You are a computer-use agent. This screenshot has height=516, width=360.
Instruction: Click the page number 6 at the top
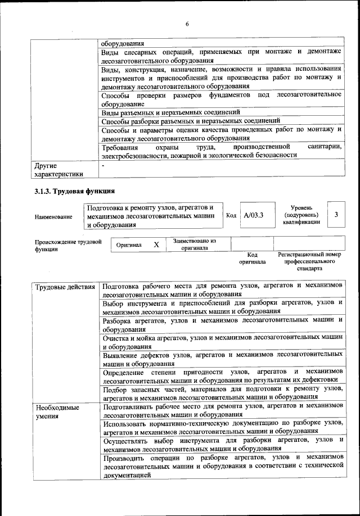[187, 23]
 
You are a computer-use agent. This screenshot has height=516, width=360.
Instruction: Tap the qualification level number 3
[336, 215]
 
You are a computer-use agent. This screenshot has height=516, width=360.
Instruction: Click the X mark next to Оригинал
[156, 245]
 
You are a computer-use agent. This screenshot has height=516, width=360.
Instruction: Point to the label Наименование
[53, 216]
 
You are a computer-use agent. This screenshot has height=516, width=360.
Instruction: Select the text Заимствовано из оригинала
[195, 244]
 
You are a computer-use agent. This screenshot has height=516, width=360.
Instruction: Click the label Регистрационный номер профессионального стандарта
[309, 261]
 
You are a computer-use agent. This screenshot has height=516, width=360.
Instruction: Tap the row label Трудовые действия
[65, 287]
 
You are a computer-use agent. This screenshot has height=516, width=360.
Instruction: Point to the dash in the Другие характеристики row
[103, 166]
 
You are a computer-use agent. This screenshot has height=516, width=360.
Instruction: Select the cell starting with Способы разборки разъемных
[191, 121]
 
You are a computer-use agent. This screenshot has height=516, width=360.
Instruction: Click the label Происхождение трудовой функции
[67, 245]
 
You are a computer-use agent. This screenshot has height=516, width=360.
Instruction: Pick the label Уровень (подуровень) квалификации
[301, 215]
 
